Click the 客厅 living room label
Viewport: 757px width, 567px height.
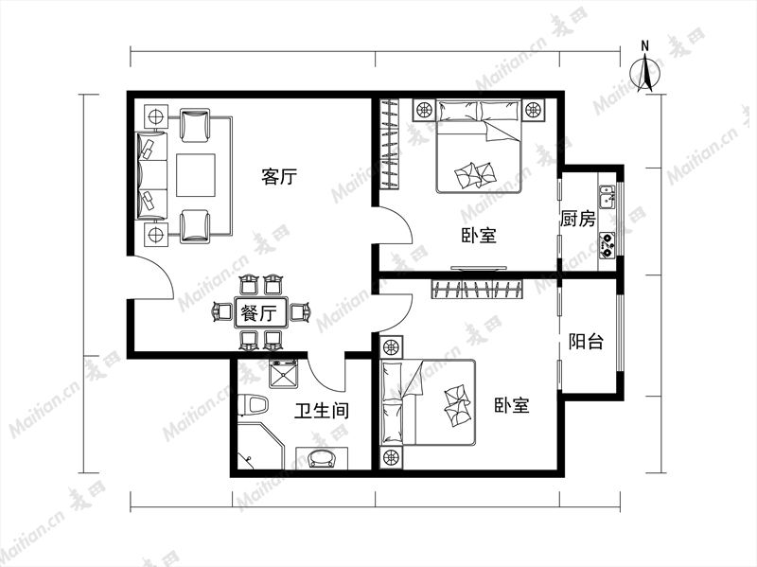(x=279, y=176)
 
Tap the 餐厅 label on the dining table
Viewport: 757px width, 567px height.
(x=258, y=313)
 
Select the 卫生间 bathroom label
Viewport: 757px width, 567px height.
(x=322, y=411)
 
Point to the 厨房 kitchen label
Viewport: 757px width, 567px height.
(x=578, y=219)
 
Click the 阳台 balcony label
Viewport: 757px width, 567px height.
(x=586, y=342)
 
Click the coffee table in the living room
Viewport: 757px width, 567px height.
(x=196, y=175)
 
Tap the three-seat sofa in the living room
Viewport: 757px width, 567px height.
(x=152, y=176)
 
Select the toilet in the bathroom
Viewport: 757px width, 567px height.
(x=253, y=406)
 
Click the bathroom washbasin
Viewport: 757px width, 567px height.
(x=322, y=458)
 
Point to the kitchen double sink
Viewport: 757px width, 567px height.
(x=607, y=197)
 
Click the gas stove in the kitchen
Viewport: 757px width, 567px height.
(x=607, y=245)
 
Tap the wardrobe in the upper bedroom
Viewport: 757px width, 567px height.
(x=390, y=144)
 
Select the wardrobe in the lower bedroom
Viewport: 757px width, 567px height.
(x=477, y=289)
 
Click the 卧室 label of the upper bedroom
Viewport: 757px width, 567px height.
(x=479, y=235)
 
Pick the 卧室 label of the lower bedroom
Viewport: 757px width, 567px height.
(x=512, y=405)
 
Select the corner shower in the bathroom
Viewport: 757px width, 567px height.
(x=259, y=445)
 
